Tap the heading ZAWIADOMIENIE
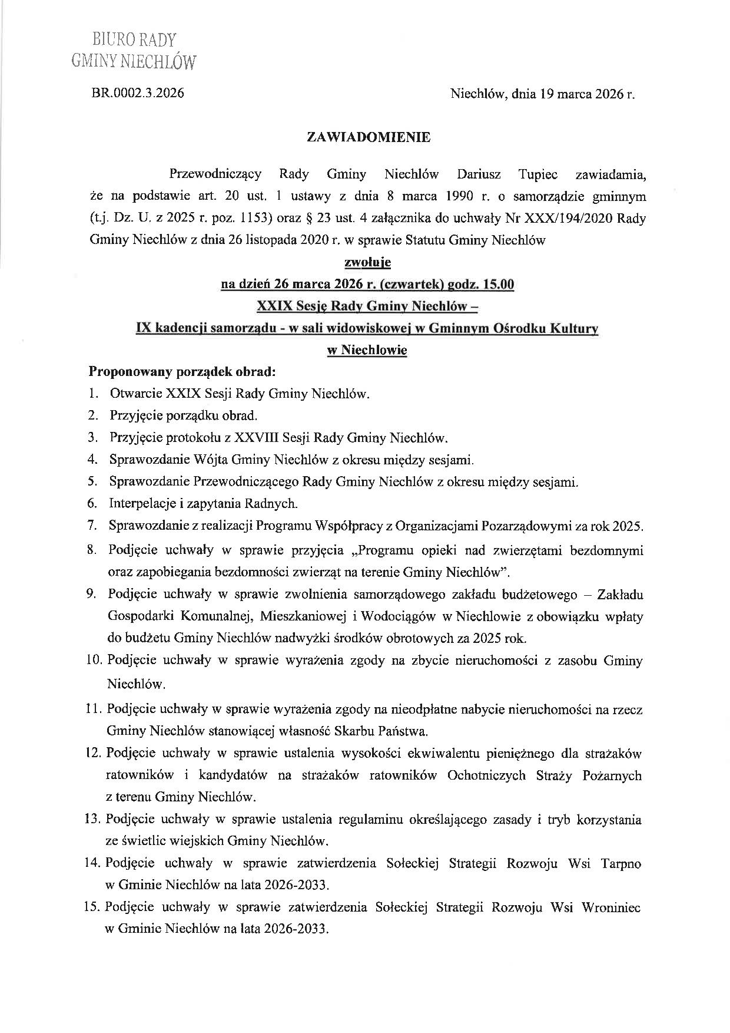click(369, 137)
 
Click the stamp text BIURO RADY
click(134, 40)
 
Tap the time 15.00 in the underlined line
click(498, 285)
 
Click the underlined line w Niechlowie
click(367, 350)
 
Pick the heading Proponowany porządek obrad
click(181, 372)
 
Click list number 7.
click(92, 526)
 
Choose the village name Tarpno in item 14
click(620, 864)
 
